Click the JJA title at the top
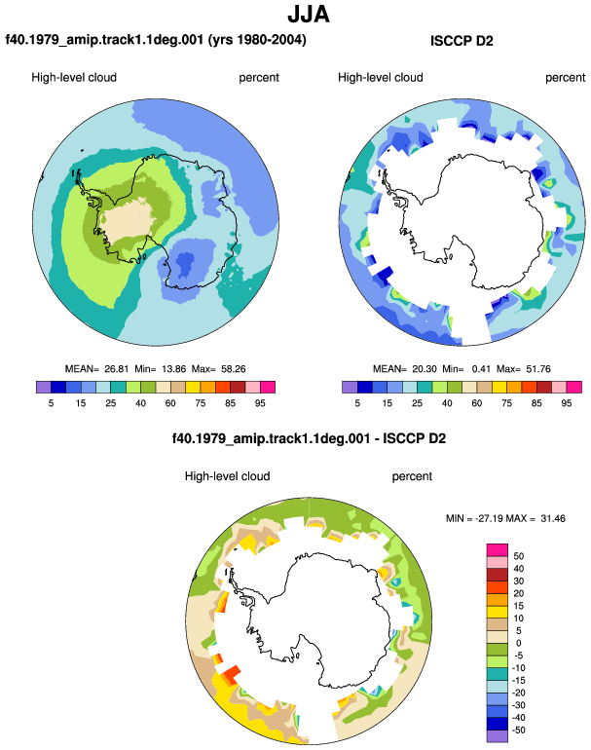point(309,15)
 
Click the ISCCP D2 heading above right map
point(462,41)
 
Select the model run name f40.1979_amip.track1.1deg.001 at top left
point(104,39)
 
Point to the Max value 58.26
point(234,369)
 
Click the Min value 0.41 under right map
point(481,369)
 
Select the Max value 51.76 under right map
point(537,369)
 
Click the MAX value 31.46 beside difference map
point(553,518)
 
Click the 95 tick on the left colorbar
point(260,403)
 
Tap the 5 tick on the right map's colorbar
point(357,403)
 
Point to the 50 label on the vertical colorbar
point(519,556)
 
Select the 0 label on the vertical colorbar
point(519,643)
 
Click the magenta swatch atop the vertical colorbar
point(498,550)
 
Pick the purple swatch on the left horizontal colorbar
point(44,387)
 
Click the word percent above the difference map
point(412,476)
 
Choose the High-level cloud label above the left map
point(74,78)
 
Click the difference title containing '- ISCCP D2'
point(309,438)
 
